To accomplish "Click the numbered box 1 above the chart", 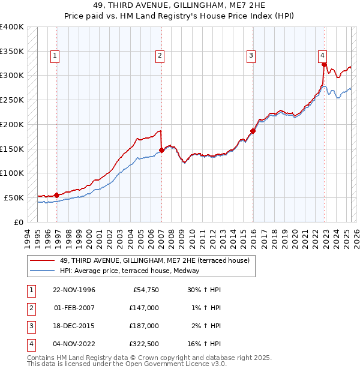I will (x=55, y=56).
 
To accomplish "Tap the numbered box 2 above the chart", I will (x=160, y=56).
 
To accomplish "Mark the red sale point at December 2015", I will (x=253, y=131).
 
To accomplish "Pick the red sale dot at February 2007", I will (x=161, y=150).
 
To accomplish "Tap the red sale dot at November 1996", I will (x=56, y=195).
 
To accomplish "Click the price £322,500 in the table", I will (x=144, y=344).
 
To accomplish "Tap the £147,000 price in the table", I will (x=144, y=308).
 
